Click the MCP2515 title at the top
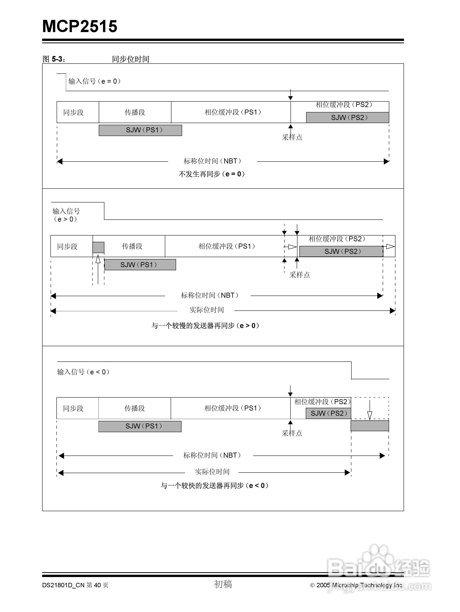80,26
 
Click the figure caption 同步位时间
131,59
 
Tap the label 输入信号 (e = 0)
94,81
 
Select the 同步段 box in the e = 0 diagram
73,112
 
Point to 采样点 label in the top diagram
292,137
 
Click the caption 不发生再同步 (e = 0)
212,174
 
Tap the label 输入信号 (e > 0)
66,215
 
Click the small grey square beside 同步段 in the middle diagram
98,247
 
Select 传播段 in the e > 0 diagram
132,246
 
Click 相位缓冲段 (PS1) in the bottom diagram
233,408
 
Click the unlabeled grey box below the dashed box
370,426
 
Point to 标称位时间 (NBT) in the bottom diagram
212,455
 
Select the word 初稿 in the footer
223,584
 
